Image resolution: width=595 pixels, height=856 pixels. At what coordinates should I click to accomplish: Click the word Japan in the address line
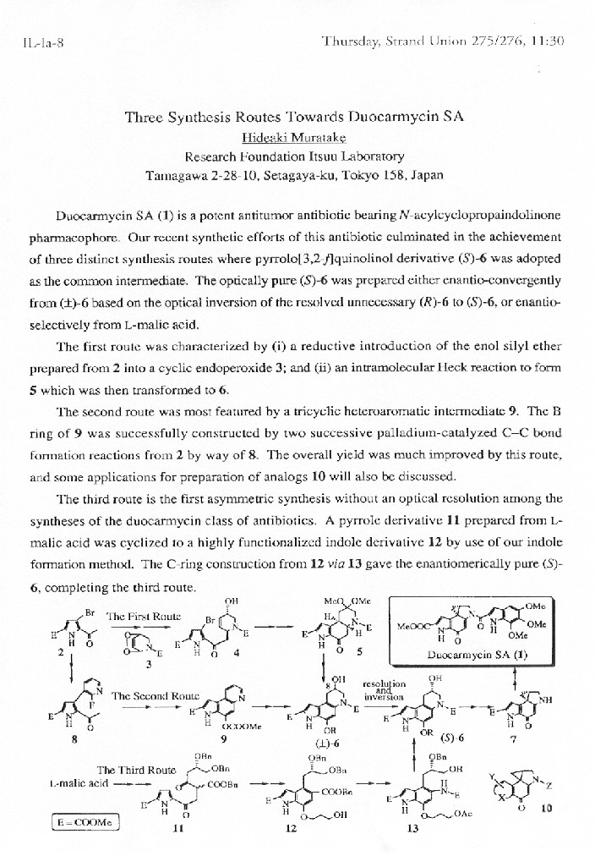tap(425, 176)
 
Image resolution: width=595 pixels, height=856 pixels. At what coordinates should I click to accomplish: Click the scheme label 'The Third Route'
tap(136, 770)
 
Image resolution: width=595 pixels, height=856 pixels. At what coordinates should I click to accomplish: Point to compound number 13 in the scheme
tap(412, 828)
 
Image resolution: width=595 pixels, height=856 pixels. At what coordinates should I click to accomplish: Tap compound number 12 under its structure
tap(291, 828)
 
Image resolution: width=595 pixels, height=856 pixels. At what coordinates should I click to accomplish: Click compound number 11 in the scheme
tap(178, 828)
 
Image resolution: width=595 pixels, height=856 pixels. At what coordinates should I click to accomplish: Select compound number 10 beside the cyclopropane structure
tap(546, 808)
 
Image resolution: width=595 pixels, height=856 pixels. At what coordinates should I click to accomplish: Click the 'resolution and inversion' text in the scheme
tap(384, 689)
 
